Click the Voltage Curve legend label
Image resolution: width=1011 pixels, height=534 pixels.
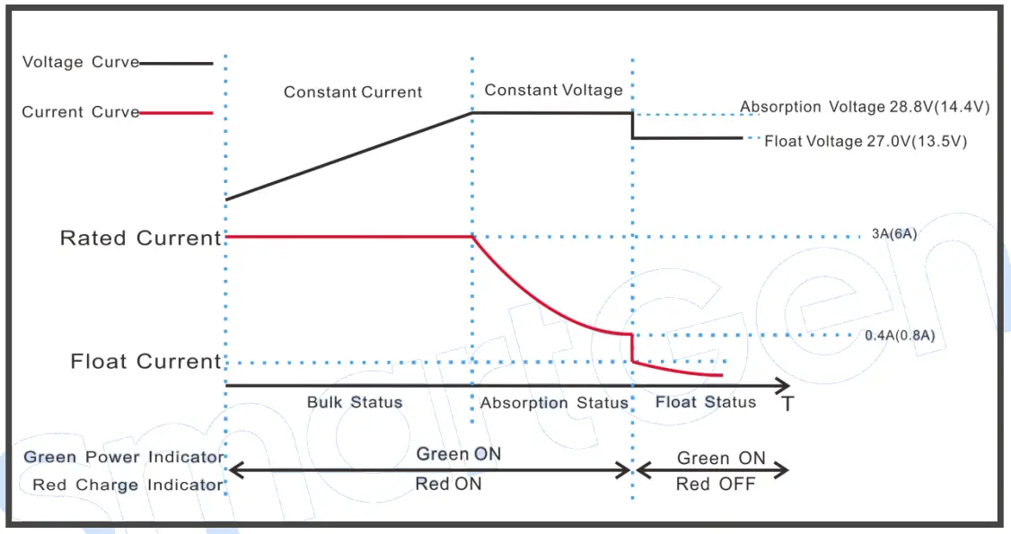pyautogui.click(x=80, y=63)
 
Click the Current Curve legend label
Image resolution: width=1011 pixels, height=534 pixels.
pyautogui.click(x=80, y=113)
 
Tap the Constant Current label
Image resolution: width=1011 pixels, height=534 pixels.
pyautogui.click(x=353, y=92)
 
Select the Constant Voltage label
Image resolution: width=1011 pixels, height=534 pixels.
pyautogui.click(x=553, y=91)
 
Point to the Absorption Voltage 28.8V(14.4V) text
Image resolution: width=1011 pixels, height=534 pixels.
pyautogui.click(x=864, y=108)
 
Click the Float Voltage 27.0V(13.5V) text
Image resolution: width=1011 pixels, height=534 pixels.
pyautogui.click(x=865, y=142)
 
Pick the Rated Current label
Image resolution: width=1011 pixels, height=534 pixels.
pyautogui.click(x=140, y=239)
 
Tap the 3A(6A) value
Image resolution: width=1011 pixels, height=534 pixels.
pyautogui.click(x=894, y=235)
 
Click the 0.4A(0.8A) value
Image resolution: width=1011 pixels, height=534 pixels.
pyautogui.click(x=900, y=336)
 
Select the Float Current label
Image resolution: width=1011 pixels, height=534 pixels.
pyautogui.click(x=145, y=362)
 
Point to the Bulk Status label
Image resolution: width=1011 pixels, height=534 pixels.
pyautogui.click(x=355, y=402)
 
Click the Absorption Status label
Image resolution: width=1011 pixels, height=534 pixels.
pyautogui.click(x=554, y=403)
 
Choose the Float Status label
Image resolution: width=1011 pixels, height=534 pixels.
pyautogui.click(x=706, y=402)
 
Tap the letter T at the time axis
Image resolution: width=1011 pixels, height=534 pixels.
pyautogui.click(x=787, y=405)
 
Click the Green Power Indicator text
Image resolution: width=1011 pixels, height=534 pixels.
pyautogui.click(x=123, y=458)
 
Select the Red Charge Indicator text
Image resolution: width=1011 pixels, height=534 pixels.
pyautogui.click(x=127, y=486)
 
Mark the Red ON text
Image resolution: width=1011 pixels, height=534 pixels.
pyautogui.click(x=448, y=484)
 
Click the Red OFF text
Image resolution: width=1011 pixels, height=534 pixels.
pyautogui.click(x=716, y=485)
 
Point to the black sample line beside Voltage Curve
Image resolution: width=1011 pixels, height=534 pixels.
pyautogui.click(x=177, y=64)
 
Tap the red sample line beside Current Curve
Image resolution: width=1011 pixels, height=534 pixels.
pyautogui.click(x=177, y=113)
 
